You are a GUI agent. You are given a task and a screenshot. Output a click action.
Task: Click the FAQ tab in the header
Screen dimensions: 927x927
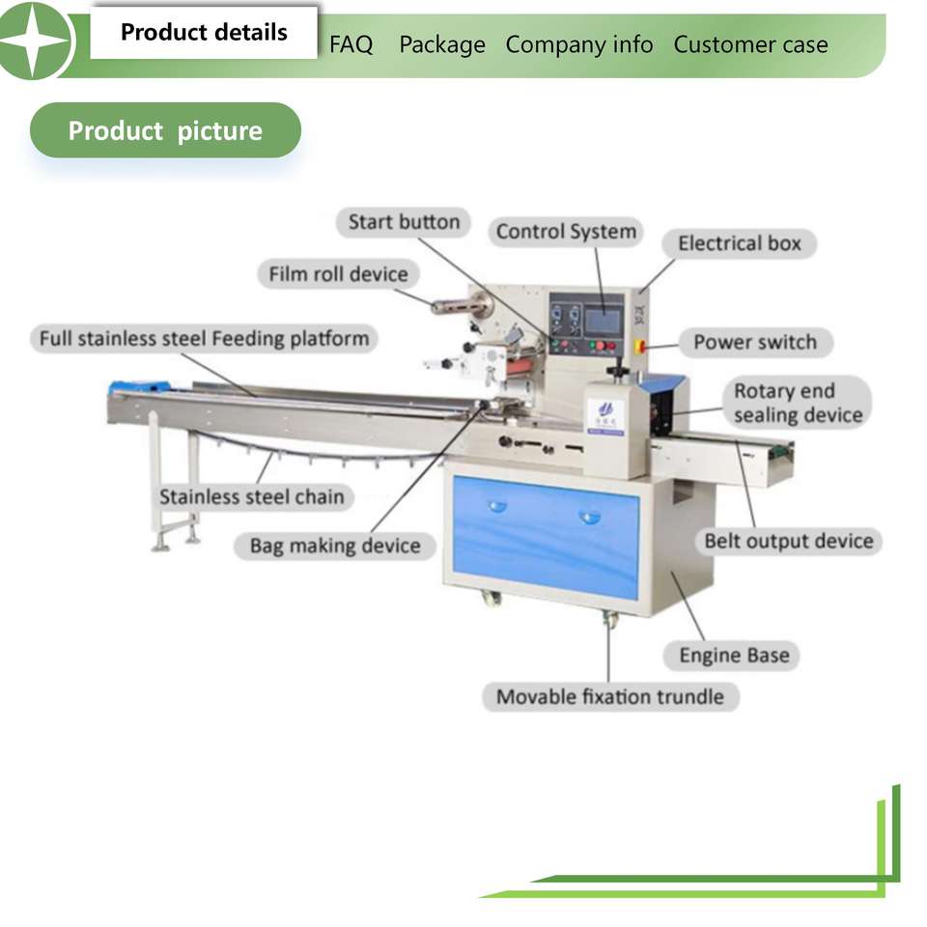351,44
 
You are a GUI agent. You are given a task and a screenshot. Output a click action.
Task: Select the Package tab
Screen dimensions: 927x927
442,45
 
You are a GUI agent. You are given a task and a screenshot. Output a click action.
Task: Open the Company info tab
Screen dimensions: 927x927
579,44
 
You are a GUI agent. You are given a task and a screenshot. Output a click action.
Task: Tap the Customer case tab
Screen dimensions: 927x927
751,44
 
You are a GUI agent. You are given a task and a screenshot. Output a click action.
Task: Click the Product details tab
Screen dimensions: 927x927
204,33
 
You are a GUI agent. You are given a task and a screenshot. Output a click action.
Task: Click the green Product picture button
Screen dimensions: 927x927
165,130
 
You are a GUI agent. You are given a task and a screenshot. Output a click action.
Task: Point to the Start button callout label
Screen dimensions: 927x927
404,222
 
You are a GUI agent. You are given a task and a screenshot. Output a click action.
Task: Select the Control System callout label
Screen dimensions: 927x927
566,232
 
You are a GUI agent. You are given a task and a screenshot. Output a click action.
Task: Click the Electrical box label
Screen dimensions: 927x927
740,243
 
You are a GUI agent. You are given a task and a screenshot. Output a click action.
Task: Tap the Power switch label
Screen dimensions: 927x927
755,342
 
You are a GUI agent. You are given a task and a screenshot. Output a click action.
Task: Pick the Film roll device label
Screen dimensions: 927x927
338,274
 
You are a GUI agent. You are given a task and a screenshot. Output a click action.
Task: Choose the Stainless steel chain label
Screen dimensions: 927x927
251,496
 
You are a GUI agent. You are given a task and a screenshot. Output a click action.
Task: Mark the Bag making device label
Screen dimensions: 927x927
335,546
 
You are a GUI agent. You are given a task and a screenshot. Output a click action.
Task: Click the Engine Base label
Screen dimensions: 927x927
734,656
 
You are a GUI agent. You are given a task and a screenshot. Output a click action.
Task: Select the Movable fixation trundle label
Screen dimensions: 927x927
610,697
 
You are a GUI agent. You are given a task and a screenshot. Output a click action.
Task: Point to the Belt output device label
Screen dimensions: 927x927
789,541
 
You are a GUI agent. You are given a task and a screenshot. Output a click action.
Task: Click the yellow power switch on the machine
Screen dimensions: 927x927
639,347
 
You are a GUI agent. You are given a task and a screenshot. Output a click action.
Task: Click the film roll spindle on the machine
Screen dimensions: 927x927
462,306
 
